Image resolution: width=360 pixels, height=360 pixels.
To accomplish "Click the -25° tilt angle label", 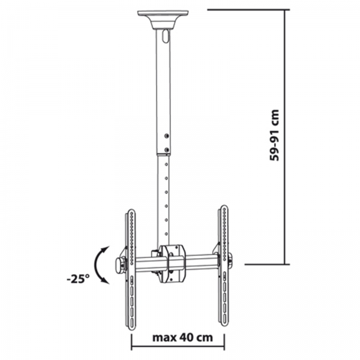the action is click(77, 279).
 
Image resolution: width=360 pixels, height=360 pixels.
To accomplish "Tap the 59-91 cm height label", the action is click(274, 135).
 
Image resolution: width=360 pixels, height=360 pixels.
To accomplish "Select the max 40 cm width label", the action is click(182, 337).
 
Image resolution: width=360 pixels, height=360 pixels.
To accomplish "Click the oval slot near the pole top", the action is click(164, 36).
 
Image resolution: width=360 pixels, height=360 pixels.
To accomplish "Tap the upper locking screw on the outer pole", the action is click(167, 136).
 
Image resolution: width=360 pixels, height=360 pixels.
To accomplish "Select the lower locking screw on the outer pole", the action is click(167, 150).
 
